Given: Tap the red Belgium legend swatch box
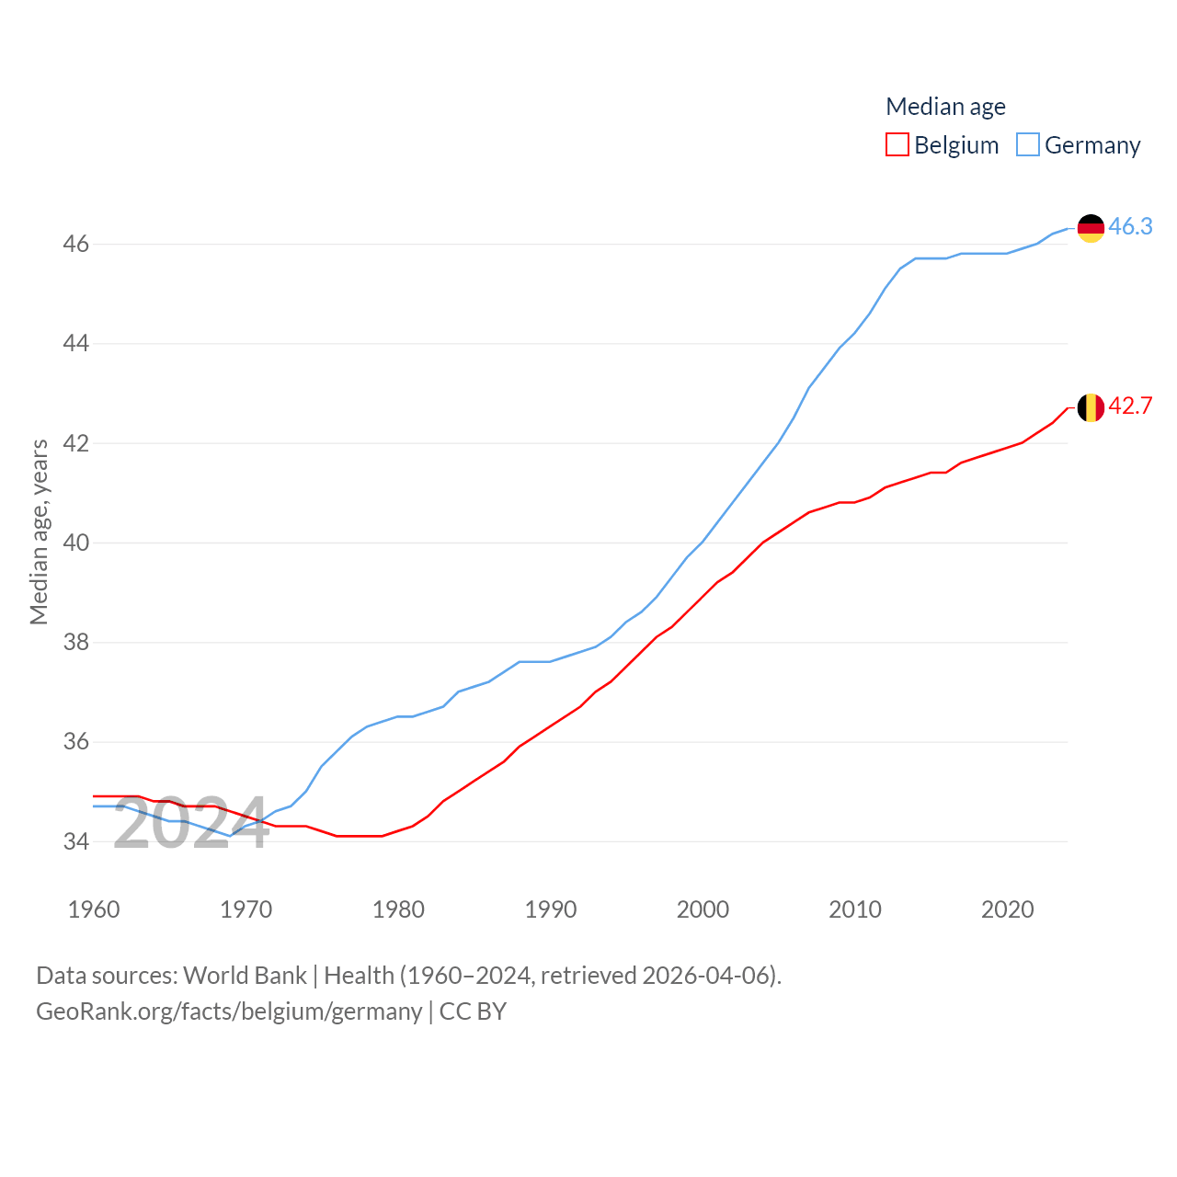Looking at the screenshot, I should (x=897, y=144).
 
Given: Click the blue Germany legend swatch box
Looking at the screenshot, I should (x=1028, y=144).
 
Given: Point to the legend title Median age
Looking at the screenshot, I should (x=945, y=107).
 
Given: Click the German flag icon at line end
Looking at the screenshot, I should (x=1091, y=228).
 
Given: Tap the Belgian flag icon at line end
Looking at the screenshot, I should (x=1091, y=407).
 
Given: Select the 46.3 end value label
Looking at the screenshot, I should (x=1130, y=226).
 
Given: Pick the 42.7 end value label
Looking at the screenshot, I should (x=1130, y=406).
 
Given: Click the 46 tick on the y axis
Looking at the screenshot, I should (x=76, y=245).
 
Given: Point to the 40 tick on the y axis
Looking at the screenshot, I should (x=76, y=543).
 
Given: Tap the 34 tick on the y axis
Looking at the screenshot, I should (x=76, y=841).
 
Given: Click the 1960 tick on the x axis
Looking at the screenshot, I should (x=94, y=909).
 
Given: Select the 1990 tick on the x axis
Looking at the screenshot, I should (x=551, y=909).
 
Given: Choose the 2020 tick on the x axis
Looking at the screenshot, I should (x=1008, y=909).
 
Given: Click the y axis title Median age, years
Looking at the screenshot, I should (x=39, y=532).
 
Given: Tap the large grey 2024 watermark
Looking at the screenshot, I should (x=191, y=824).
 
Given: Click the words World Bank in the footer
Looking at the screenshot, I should (x=245, y=975).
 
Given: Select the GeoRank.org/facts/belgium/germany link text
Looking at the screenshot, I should (x=229, y=1011).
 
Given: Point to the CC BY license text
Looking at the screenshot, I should (x=473, y=1011).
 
